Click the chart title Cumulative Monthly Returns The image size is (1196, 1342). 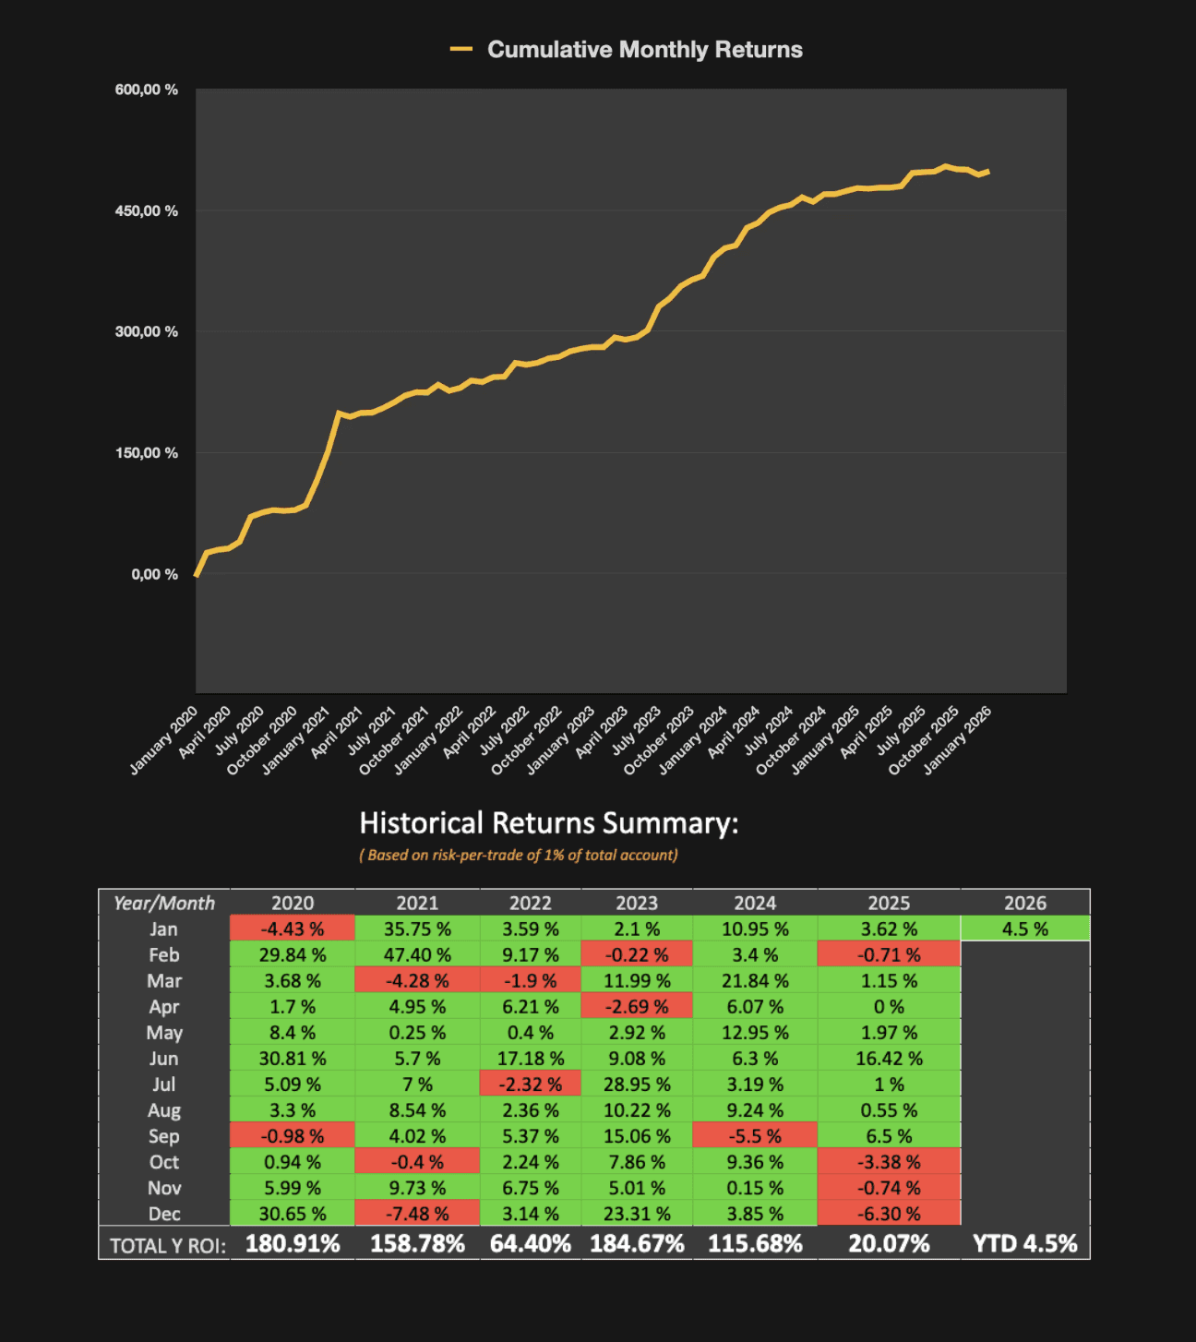(644, 50)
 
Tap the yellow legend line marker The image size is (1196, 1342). (461, 50)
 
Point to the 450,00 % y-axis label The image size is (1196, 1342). (147, 211)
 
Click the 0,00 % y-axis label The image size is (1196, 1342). (154, 574)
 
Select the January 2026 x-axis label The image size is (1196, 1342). (959, 739)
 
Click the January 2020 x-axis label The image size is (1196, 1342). (165, 739)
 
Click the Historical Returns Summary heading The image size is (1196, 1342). (548, 822)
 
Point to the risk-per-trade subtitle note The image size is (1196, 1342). (519, 855)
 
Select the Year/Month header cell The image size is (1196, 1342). (164, 903)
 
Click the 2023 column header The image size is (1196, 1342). (637, 903)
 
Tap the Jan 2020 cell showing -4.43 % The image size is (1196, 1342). (293, 929)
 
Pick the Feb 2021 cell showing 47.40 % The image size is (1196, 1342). (417, 954)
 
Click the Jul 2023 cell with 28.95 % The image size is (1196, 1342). (637, 1084)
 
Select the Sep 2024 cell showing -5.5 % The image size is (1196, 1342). (755, 1135)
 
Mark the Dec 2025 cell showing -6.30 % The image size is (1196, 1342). (889, 1213)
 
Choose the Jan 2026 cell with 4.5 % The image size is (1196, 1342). (1025, 929)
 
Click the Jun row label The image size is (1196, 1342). (164, 1058)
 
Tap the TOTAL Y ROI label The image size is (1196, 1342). (167, 1245)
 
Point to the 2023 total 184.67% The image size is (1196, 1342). (637, 1243)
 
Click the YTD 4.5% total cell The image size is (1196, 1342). (1025, 1243)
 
